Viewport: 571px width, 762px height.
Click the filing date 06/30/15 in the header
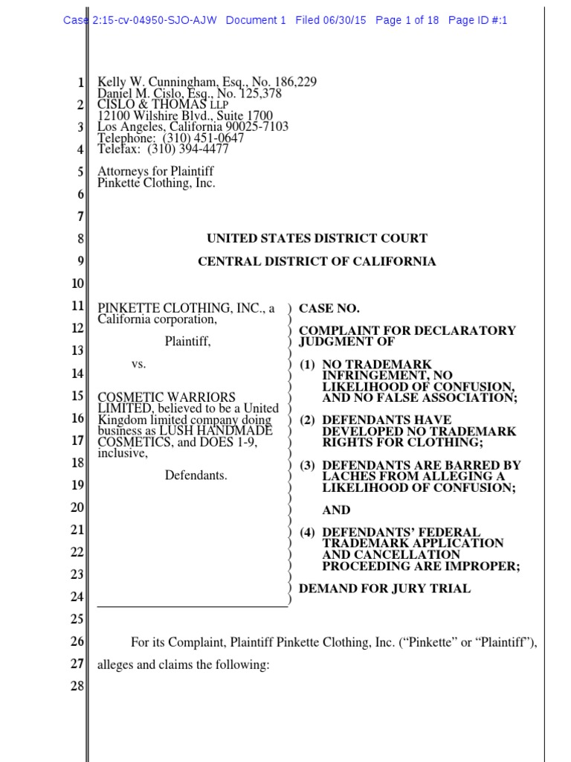(x=345, y=20)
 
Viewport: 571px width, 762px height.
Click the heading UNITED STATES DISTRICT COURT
(x=317, y=239)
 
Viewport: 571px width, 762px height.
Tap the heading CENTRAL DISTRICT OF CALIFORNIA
(x=317, y=262)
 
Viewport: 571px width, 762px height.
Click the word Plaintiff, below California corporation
(x=188, y=342)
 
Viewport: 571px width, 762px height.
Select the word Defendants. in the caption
(x=196, y=475)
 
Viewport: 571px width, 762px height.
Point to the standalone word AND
(x=335, y=510)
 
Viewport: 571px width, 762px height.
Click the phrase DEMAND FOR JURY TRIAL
(x=384, y=589)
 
